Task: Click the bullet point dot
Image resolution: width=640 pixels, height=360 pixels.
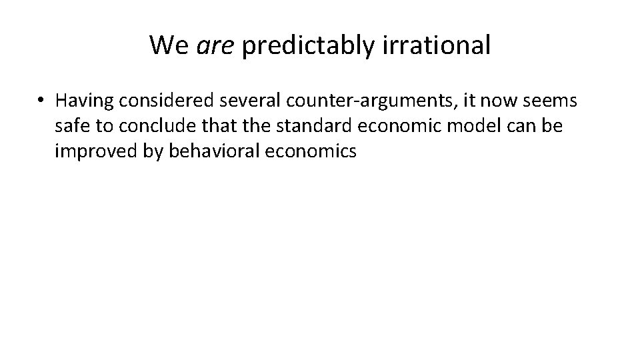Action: pos(41,101)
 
